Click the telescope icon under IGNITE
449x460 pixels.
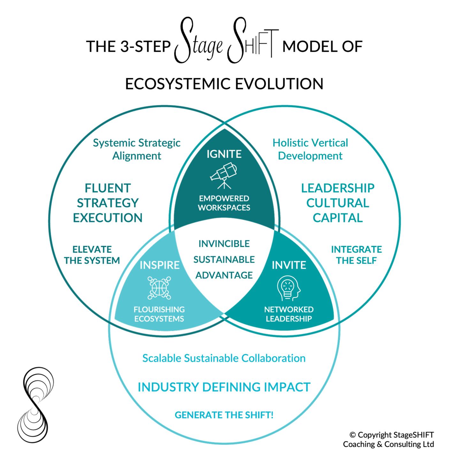click(224, 175)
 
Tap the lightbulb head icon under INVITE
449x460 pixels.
click(288, 288)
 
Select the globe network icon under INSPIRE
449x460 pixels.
click(159, 288)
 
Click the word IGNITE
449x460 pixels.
click(224, 154)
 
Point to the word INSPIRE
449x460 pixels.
click(160, 265)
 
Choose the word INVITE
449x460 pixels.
click(289, 265)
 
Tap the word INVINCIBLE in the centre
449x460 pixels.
click(224, 244)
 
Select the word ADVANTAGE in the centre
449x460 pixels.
click(224, 275)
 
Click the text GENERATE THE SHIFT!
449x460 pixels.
click(224, 415)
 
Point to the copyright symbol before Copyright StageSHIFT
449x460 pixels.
click(353, 435)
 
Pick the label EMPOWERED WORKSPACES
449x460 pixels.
click(224, 203)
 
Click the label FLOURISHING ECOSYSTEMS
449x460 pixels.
click(159, 314)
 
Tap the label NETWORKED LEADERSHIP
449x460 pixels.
click(289, 314)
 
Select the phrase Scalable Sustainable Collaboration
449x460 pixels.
click(224, 358)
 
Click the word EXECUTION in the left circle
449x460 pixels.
click(108, 218)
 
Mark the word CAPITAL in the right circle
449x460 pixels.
click(338, 218)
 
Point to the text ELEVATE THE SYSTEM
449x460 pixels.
click(92, 255)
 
